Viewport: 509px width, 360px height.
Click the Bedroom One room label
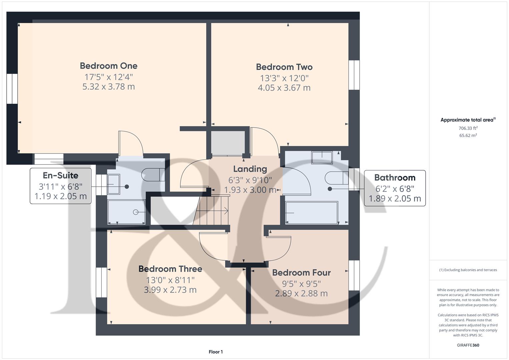pyautogui.click(x=109, y=66)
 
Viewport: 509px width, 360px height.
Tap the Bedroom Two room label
pyautogui.click(x=284, y=67)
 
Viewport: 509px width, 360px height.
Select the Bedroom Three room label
pyautogui.click(x=170, y=269)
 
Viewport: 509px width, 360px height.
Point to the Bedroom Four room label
pyautogui.click(x=301, y=273)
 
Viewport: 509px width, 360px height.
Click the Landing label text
pyautogui.click(x=250, y=169)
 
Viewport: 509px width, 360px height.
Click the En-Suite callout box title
pyautogui.click(x=60, y=175)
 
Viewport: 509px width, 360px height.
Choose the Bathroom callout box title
pyautogui.click(x=395, y=178)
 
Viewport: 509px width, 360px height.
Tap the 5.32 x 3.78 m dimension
pyautogui.click(x=109, y=87)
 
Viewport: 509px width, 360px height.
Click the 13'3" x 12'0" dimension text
pyautogui.click(x=284, y=78)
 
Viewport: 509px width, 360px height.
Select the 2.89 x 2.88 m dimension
pyautogui.click(x=301, y=293)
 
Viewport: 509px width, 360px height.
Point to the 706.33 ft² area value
pyautogui.click(x=468, y=128)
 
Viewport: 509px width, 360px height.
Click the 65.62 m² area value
pyautogui.click(x=468, y=135)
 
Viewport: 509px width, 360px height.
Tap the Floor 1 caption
pyautogui.click(x=216, y=352)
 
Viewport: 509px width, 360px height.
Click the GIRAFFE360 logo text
pyautogui.click(x=468, y=345)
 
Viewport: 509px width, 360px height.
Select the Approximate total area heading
pyautogui.click(x=468, y=120)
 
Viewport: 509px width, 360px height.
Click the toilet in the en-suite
pyautogui.click(x=153, y=175)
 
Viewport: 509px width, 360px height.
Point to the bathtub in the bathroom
pyautogui.click(x=312, y=213)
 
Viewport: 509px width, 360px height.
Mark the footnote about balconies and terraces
pyautogui.click(x=468, y=270)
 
